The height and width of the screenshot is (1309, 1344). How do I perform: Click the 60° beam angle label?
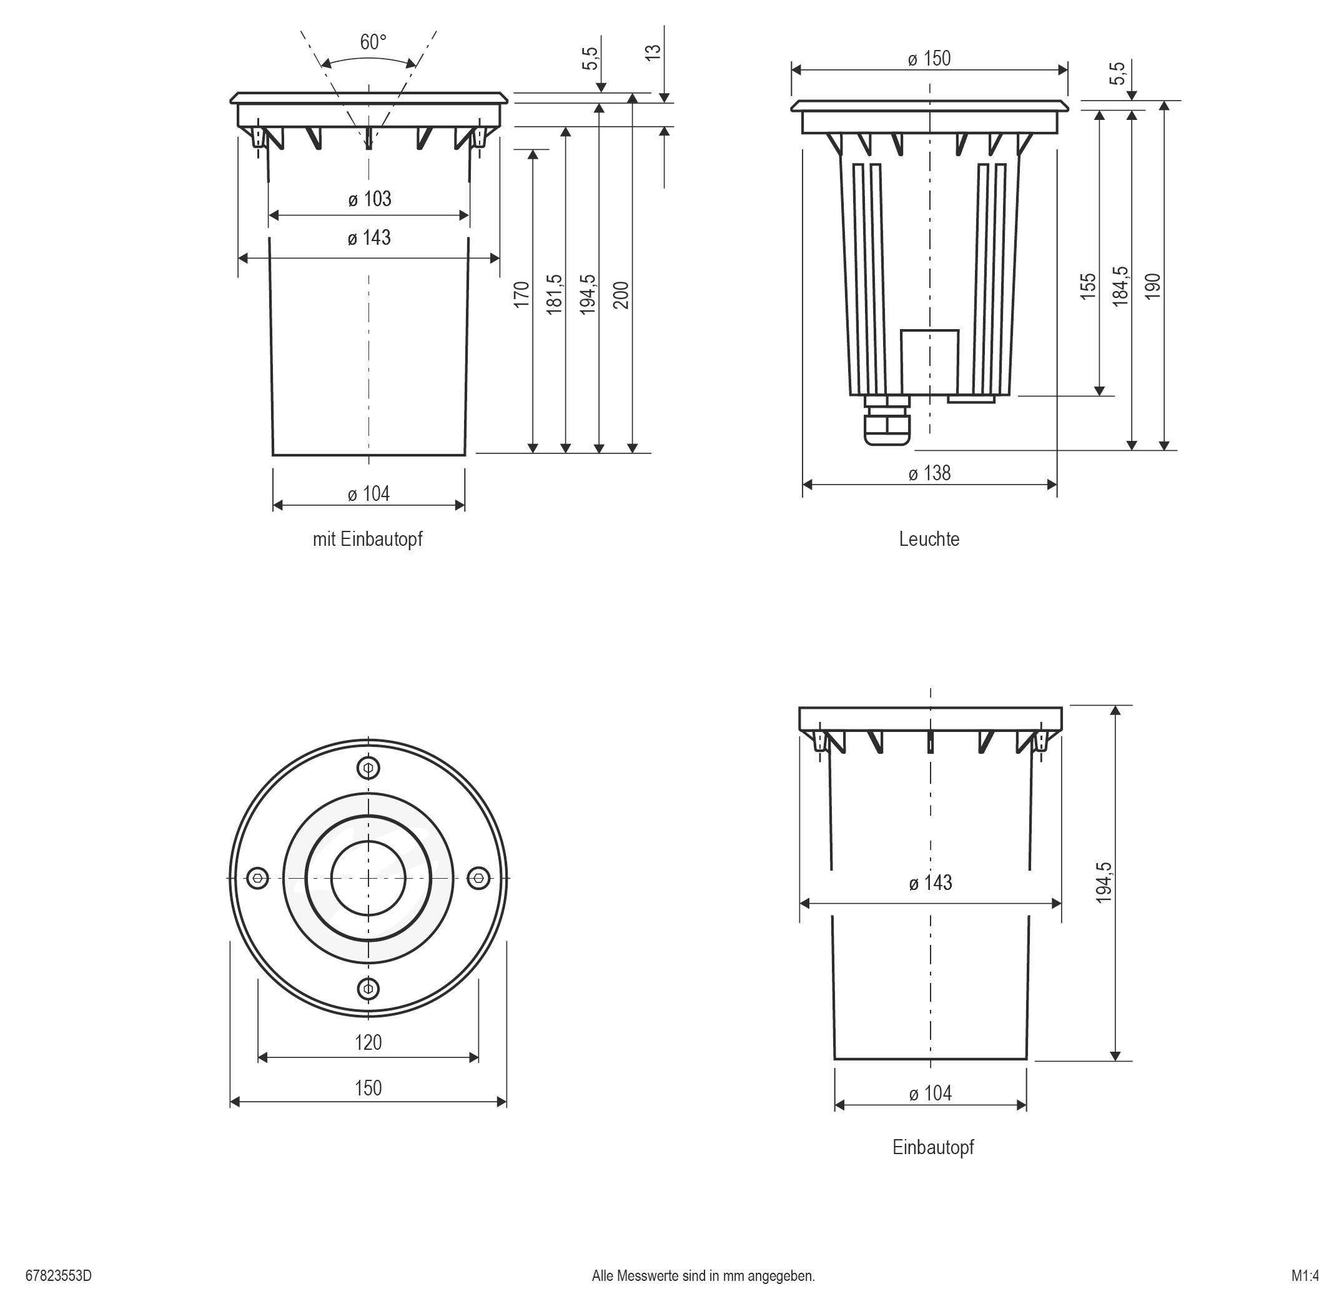pos(373,42)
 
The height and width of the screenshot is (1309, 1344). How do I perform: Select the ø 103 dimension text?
pos(369,199)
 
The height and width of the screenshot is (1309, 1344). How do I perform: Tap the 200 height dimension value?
pos(621,295)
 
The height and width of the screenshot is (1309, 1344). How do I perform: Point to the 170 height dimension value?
pos(521,295)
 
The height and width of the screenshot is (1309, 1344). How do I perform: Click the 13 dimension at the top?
pos(653,52)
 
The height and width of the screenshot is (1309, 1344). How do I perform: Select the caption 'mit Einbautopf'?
pos(367,539)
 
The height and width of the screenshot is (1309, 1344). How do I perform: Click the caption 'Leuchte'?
pos(929,539)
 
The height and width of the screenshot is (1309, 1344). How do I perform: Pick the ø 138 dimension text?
pos(929,473)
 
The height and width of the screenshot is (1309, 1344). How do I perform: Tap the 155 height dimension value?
pos(1087,286)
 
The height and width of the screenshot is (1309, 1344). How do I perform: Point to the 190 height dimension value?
pos(1153,286)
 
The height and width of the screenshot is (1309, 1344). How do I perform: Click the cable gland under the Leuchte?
pos(887,423)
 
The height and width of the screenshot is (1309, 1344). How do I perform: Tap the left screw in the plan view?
pos(258,878)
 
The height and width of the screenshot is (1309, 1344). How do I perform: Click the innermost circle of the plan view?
pos(368,878)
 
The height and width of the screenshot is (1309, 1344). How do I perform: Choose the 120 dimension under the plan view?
pos(368,1042)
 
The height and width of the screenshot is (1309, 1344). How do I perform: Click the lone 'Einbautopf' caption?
pos(933,1147)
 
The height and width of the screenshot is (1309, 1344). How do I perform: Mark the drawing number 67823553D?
pos(59,1276)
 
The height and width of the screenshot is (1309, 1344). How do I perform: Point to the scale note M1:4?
pos(1305,1276)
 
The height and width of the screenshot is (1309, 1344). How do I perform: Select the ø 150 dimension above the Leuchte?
pos(929,59)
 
